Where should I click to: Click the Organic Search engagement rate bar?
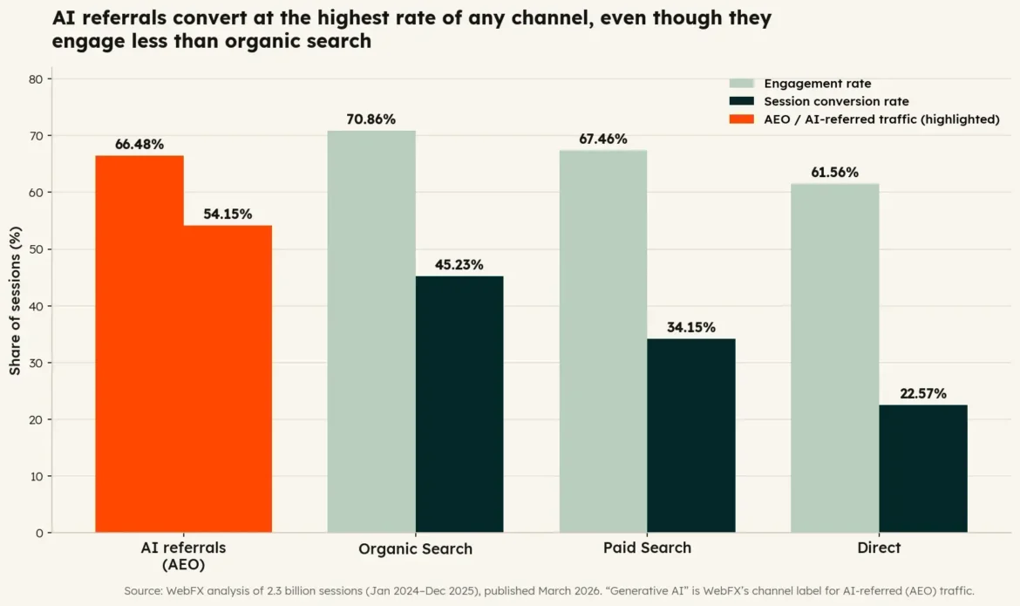click(371, 332)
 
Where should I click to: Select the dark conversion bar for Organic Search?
click(459, 405)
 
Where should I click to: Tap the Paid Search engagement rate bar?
click(603, 342)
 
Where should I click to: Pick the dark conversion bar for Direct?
click(923, 468)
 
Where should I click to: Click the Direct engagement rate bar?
click(834, 358)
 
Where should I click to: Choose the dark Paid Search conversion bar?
click(690, 435)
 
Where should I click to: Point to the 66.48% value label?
click(139, 145)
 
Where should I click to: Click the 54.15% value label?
click(228, 214)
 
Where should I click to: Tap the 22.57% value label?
click(923, 394)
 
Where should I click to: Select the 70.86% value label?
click(371, 119)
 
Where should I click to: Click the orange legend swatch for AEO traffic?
click(742, 119)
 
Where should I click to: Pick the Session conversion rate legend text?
click(836, 101)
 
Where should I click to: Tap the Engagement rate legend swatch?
click(742, 84)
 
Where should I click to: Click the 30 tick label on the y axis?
click(36, 364)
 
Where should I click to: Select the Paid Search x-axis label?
click(647, 548)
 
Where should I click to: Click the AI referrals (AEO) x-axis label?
click(183, 556)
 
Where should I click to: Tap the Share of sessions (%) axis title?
click(15, 301)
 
